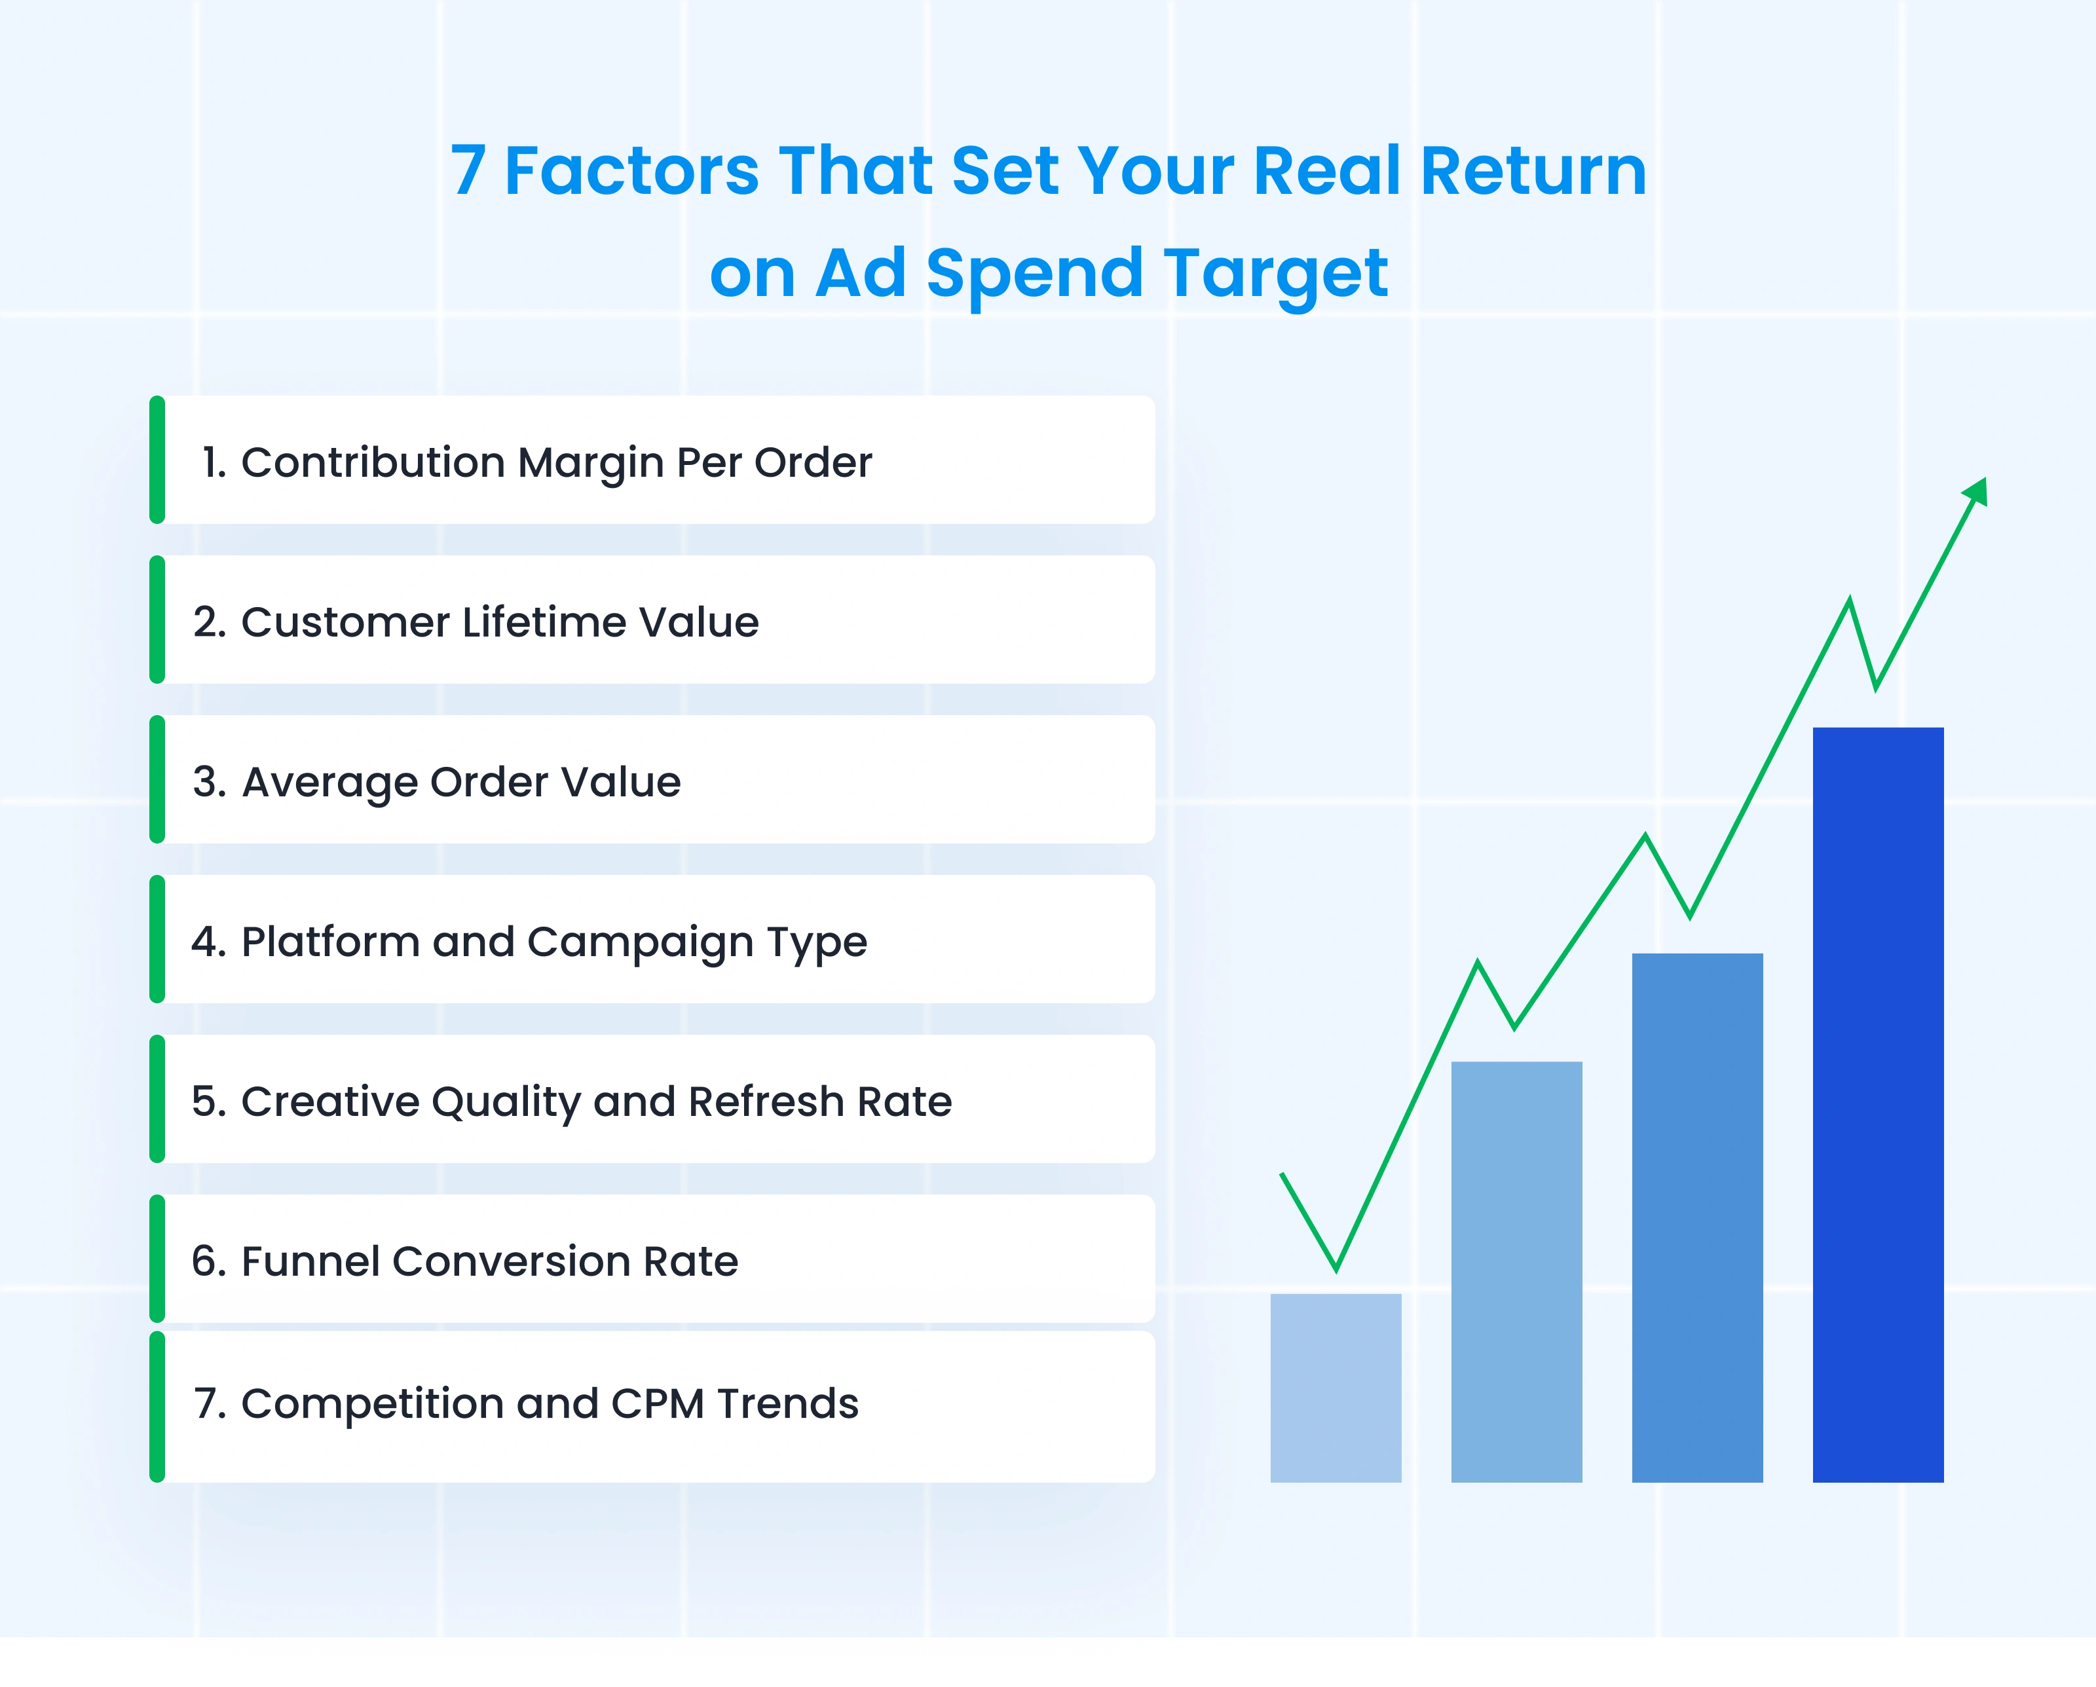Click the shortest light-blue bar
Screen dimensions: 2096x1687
(x=1336, y=1388)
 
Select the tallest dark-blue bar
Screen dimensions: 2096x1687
(x=1879, y=1105)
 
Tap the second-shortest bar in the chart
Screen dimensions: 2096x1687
(x=1516, y=1272)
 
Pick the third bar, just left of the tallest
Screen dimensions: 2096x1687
(x=1697, y=1217)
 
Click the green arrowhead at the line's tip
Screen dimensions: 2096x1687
(x=1976, y=492)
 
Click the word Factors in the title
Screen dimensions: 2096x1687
(x=632, y=171)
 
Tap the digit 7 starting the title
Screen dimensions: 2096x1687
(x=468, y=171)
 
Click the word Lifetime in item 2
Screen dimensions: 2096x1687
(x=542, y=622)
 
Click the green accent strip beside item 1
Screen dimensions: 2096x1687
(x=157, y=460)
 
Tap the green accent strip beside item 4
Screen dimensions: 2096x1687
(x=157, y=938)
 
